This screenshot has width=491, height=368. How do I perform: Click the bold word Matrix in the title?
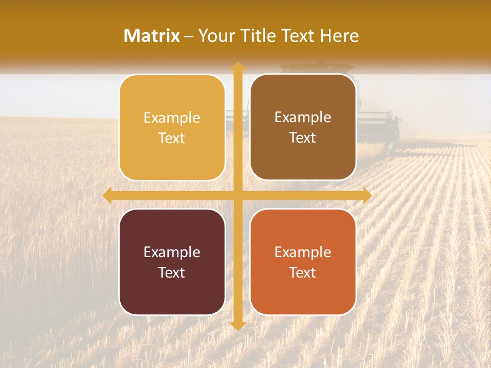tap(152, 36)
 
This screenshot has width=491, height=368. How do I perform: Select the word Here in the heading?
tap(339, 36)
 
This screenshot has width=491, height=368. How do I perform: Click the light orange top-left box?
tap(172, 128)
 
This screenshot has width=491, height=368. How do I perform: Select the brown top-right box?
tap(303, 127)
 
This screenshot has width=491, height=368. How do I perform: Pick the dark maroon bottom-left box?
tap(172, 262)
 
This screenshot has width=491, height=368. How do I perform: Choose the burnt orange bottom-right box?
tap(303, 262)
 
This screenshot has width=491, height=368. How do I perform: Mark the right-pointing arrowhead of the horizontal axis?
tap(367, 195)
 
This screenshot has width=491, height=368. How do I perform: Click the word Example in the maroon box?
tap(172, 252)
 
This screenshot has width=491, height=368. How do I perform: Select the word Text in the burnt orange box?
tap(303, 272)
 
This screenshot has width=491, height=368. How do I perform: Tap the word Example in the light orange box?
tap(172, 118)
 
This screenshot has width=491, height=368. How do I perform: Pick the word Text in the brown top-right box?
tap(303, 138)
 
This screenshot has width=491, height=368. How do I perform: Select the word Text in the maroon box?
tap(172, 272)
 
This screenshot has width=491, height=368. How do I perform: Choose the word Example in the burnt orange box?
tap(303, 252)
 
